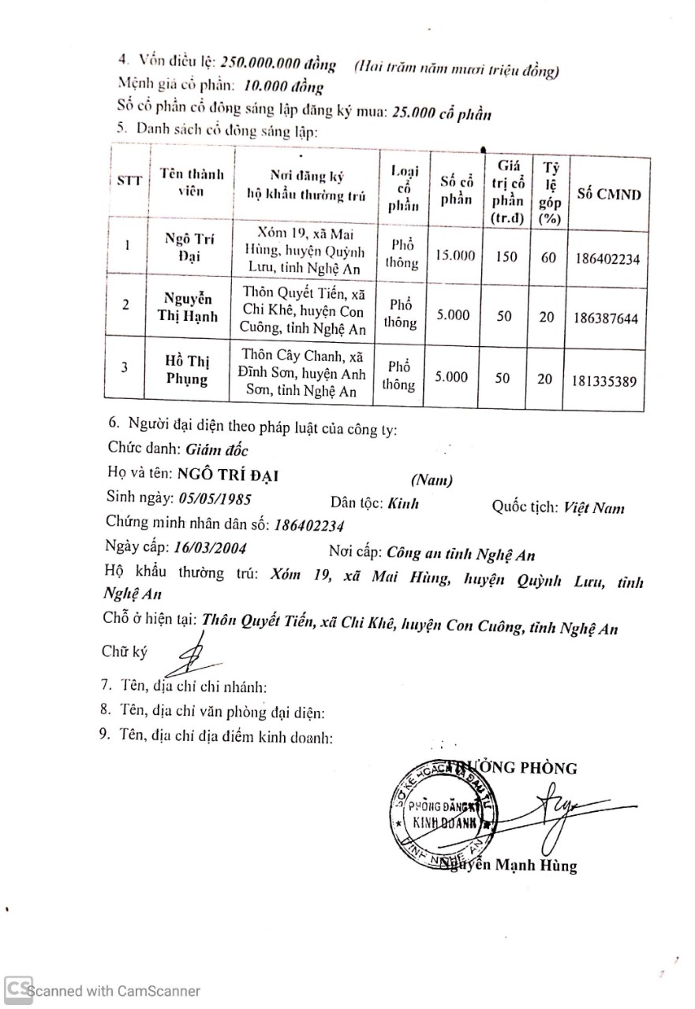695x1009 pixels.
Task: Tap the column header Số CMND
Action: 609,195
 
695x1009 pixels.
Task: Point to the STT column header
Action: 129,181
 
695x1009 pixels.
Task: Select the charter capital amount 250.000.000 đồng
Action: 278,62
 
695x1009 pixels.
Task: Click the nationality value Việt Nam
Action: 593,508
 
